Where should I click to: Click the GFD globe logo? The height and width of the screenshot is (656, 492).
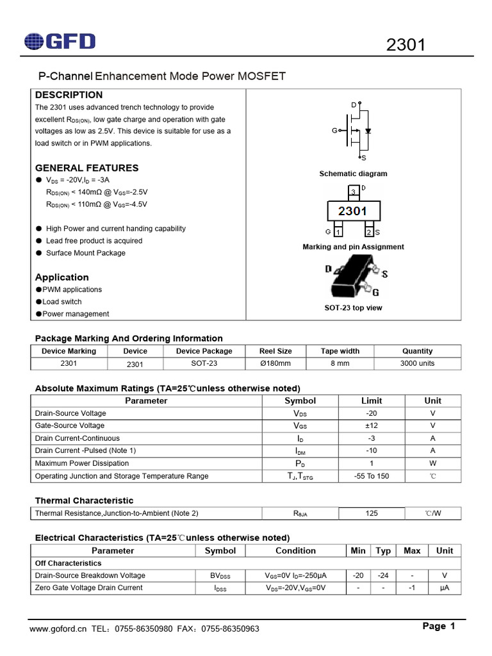click(x=36, y=42)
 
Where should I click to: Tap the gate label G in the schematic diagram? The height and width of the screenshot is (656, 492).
click(x=334, y=131)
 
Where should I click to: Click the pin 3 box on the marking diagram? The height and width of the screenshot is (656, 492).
click(x=353, y=192)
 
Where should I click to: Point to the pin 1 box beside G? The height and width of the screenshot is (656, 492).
click(x=338, y=232)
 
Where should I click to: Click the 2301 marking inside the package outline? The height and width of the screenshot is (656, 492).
click(x=353, y=211)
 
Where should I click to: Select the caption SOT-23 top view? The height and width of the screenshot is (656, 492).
click(x=353, y=308)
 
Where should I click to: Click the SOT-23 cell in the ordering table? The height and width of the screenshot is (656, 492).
click(x=204, y=363)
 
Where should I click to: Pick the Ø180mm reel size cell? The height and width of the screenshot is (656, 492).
click(x=275, y=363)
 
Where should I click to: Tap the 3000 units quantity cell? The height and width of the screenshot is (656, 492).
click(x=417, y=363)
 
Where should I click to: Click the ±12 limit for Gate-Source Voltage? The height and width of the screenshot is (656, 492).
click(x=371, y=425)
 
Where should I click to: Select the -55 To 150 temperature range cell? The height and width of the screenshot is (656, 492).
click(x=371, y=476)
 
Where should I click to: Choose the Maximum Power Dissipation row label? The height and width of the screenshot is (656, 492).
click(x=81, y=463)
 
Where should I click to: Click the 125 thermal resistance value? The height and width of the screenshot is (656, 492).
click(x=371, y=513)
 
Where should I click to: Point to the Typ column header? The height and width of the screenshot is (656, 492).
click(x=383, y=550)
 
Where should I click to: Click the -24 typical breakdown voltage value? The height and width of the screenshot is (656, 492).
click(x=383, y=575)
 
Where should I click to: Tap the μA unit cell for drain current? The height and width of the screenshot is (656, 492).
click(x=444, y=587)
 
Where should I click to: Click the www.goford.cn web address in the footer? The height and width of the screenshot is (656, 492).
click(x=58, y=629)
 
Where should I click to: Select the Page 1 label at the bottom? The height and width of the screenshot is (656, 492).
click(x=439, y=627)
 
